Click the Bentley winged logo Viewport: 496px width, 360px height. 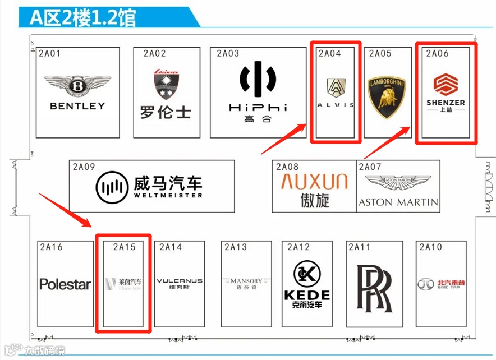[x=77, y=87]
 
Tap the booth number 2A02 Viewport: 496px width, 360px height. [x=154, y=54]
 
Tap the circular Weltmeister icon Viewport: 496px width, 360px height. [x=111, y=187]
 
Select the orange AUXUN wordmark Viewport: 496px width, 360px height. [x=314, y=181]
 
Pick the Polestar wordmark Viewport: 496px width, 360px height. [x=65, y=284]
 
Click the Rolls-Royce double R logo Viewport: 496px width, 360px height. [x=374, y=288]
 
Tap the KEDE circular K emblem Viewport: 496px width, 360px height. [x=307, y=274]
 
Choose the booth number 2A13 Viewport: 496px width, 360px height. [x=235, y=247]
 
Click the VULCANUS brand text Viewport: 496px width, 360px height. [x=180, y=281]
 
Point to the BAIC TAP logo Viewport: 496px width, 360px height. [x=441, y=284]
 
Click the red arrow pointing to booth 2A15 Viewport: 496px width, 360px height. [x=65, y=211]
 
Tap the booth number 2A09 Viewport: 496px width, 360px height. [x=84, y=167]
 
